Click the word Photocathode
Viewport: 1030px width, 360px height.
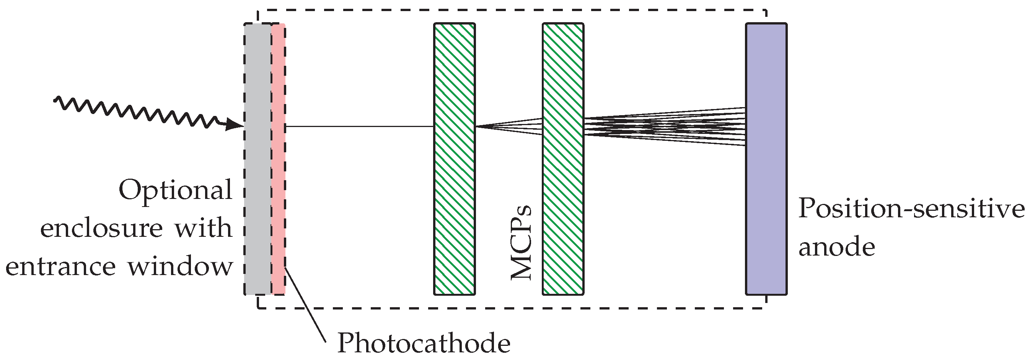[424, 343]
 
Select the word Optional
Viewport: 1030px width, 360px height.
[175, 190]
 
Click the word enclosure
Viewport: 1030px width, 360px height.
[101, 228]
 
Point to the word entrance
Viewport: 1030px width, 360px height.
[60, 266]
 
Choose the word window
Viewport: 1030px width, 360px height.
[180, 266]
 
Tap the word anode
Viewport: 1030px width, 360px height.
[836, 247]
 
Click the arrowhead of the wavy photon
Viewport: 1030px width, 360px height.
[234, 125]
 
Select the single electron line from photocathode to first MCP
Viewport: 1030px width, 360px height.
[360, 126]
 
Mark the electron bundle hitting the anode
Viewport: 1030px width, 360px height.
[664, 126]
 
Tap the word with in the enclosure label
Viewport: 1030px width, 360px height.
[204, 228]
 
